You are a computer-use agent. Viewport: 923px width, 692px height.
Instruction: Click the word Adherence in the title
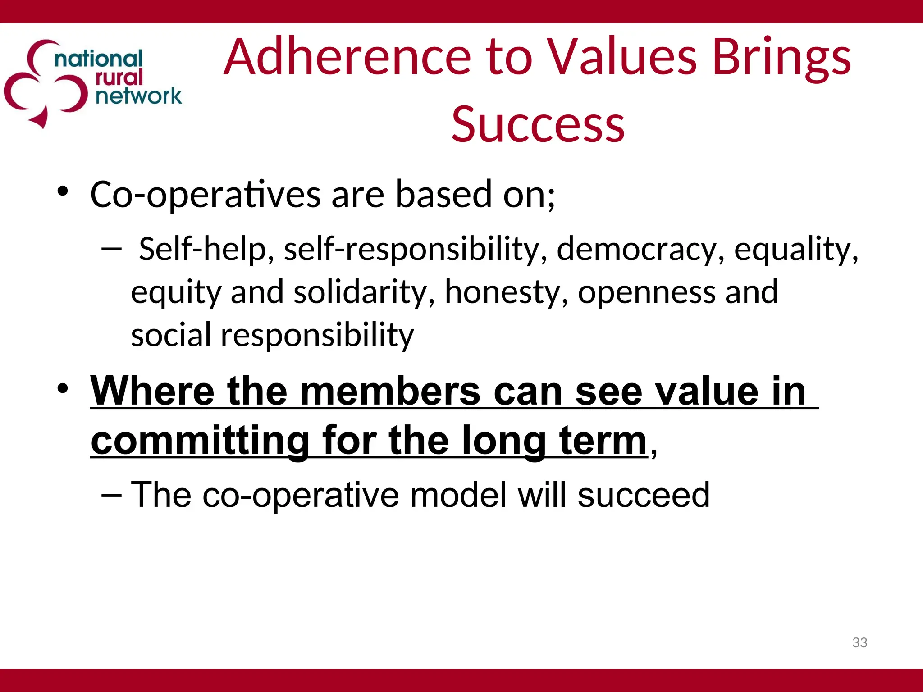click(x=347, y=57)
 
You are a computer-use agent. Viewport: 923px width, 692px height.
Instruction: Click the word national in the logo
click(x=98, y=59)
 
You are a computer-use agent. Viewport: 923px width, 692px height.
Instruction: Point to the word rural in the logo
click(x=119, y=77)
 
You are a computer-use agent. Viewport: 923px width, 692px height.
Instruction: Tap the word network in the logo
click(x=138, y=96)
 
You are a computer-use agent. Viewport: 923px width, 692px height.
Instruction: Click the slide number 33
click(x=859, y=642)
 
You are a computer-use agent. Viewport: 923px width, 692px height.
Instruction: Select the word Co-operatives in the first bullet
click(x=206, y=195)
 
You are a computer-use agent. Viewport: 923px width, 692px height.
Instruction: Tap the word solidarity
click(x=364, y=292)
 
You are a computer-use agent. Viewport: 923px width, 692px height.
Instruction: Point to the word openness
click(x=646, y=292)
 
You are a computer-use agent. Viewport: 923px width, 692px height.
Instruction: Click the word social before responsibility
click(x=171, y=335)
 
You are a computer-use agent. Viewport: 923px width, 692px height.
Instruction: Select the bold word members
click(x=390, y=391)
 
